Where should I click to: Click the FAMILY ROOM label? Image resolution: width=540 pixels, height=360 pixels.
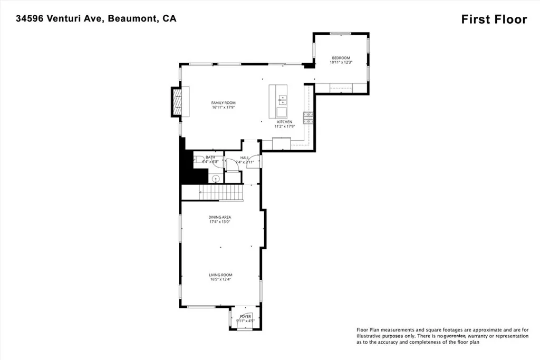(x=223, y=103)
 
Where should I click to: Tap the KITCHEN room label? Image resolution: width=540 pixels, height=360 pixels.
(x=283, y=122)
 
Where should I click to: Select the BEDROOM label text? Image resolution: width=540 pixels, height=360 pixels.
(x=340, y=58)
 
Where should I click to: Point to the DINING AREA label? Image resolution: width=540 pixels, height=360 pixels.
(x=220, y=217)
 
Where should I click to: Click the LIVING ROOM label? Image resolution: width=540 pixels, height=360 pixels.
(x=220, y=275)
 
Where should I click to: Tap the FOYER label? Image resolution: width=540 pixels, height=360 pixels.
(x=245, y=316)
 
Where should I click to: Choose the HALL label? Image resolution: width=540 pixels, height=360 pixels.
(x=245, y=158)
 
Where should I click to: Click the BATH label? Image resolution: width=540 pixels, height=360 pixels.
(x=210, y=157)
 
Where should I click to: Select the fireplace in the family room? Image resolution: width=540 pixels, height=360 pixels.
(x=177, y=101)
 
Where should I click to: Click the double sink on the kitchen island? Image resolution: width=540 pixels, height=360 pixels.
(x=283, y=99)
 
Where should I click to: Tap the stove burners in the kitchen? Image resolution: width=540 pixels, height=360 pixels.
(x=307, y=118)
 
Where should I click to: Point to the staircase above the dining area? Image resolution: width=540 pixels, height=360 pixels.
(x=221, y=193)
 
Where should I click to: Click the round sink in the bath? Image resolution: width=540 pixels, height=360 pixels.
(x=215, y=179)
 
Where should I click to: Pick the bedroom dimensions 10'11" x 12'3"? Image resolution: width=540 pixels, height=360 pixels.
(x=340, y=63)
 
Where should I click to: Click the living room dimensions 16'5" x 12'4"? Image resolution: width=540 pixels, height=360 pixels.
(x=220, y=279)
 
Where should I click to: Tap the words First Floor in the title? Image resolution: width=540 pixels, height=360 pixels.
(x=494, y=20)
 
